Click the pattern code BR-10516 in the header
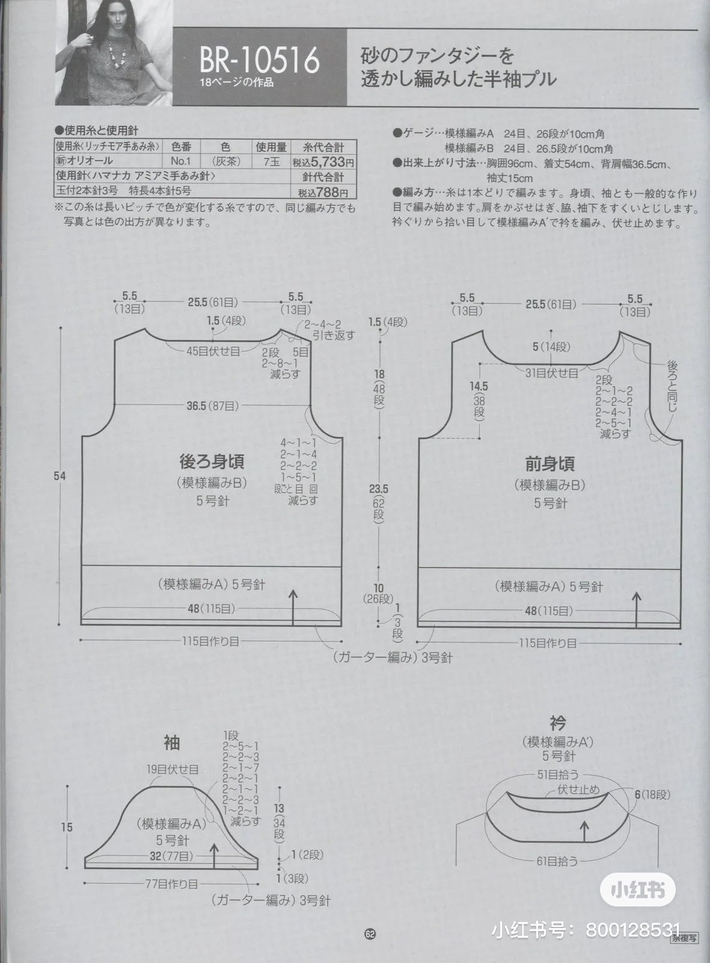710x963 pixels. click(259, 61)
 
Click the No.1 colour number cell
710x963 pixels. click(180, 161)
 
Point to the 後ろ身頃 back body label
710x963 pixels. click(212, 462)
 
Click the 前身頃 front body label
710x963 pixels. click(549, 463)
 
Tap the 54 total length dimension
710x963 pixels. click(60, 476)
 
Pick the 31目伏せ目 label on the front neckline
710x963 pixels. click(551, 373)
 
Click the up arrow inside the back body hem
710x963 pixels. click(293, 608)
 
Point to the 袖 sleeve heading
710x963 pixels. click(171, 743)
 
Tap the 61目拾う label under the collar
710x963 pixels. click(557, 861)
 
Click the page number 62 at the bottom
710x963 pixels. click(369, 934)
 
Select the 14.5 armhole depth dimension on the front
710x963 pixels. click(479, 386)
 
